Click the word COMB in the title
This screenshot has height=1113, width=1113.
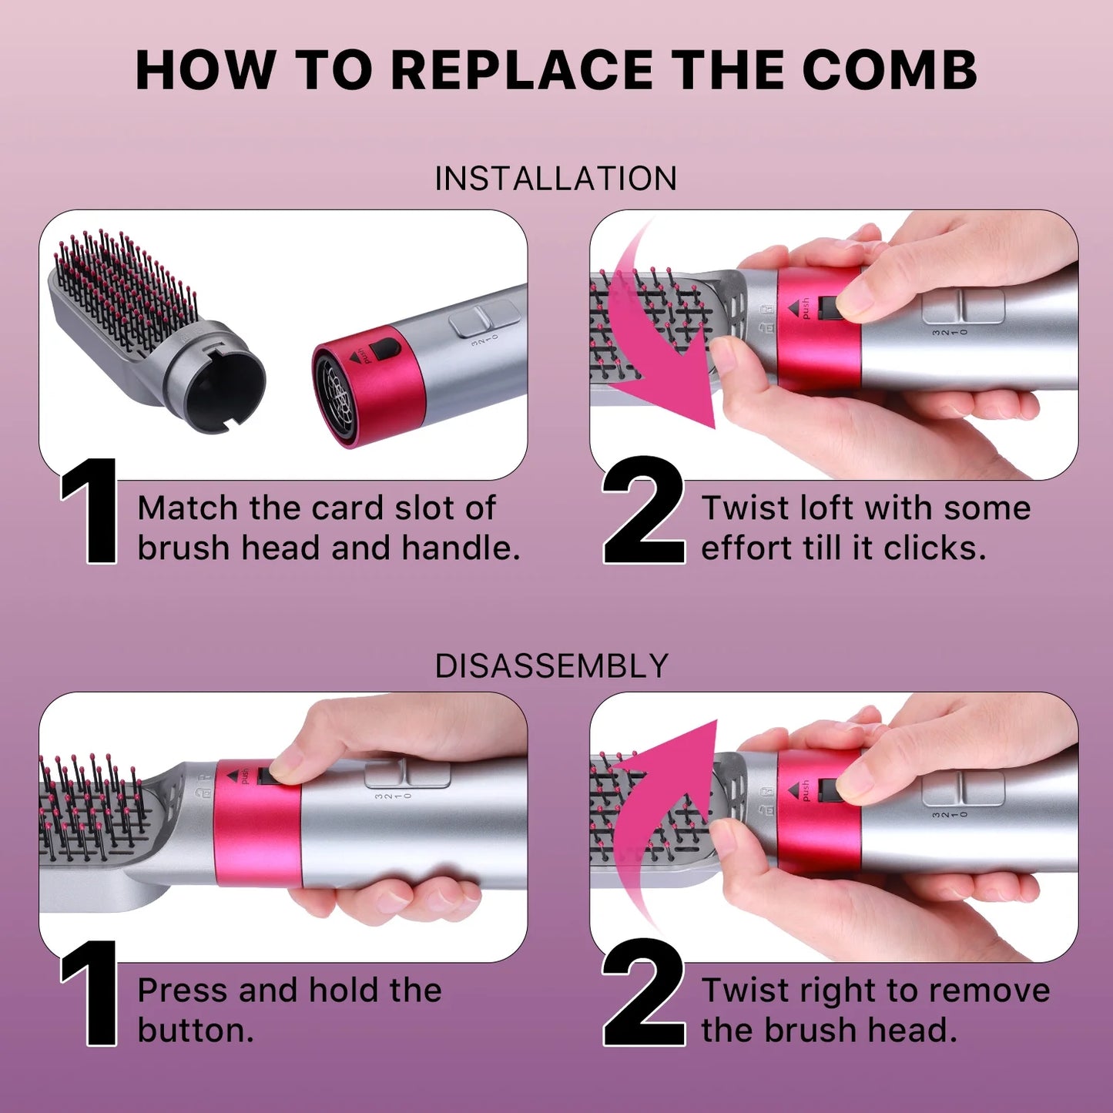pos(890,71)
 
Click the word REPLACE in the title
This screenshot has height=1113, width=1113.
pos(523,71)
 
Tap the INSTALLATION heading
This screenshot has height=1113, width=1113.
pos(555,179)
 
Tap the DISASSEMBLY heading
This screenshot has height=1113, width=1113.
pos(551,666)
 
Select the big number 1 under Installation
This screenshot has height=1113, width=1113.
pos(92,511)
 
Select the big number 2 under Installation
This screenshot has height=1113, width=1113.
pos(644,511)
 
